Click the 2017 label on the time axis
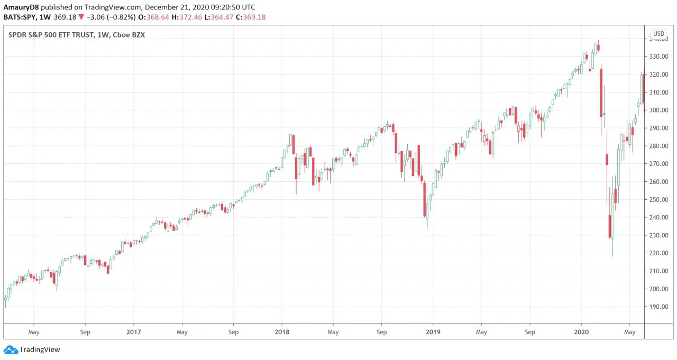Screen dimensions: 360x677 pos(134,332)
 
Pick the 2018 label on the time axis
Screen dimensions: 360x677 pos(282,332)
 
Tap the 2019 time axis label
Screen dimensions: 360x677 pos(433,332)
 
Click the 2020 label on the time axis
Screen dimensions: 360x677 pos(581,332)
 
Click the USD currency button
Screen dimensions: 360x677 pos(658,34)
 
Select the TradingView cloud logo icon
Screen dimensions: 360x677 pos(11,349)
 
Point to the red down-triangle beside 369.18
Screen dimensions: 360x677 pos(81,17)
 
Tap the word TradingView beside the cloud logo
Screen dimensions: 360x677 pos(40,349)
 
